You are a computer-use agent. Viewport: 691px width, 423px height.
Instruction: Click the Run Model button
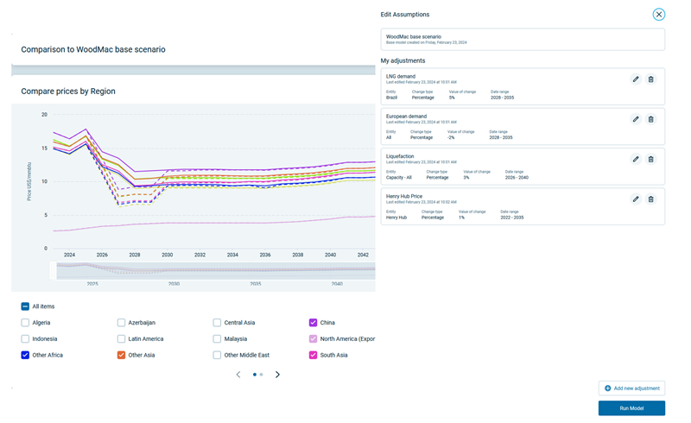[x=631, y=407]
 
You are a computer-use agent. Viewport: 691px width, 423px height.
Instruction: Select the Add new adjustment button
[x=631, y=388]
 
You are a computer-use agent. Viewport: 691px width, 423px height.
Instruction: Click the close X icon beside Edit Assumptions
[x=658, y=15]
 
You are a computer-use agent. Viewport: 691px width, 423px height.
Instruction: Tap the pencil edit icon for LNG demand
[x=636, y=79]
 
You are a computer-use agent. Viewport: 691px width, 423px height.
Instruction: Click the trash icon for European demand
[x=651, y=119]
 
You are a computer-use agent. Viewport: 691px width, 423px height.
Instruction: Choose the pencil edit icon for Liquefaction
[x=636, y=159]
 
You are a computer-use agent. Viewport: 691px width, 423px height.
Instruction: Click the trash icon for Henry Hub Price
[x=651, y=199]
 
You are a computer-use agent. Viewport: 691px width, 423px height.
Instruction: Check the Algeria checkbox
[x=25, y=323]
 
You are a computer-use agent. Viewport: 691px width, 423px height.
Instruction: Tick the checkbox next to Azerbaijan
[x=121, y=323]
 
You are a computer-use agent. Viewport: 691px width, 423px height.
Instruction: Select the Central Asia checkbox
[x=217, y=323]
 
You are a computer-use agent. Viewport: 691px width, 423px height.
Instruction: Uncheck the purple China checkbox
[x=313, y=323]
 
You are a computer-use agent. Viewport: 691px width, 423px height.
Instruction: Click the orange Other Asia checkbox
[x=121, y=355]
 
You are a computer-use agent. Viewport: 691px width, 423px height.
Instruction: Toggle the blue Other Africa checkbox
[x=25, y=355]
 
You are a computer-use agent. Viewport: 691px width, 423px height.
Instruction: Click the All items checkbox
[x=25, y=306]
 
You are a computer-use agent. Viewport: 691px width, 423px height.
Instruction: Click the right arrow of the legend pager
[x=277, y=375]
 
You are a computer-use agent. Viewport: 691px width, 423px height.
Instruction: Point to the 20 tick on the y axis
[x=44, y=114]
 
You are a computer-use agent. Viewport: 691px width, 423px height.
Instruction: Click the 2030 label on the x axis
[x=167, y=256]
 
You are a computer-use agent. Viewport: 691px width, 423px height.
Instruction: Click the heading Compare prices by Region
[x=68, y=92]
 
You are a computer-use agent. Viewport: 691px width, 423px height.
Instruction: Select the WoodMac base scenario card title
[x=413, y=37]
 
